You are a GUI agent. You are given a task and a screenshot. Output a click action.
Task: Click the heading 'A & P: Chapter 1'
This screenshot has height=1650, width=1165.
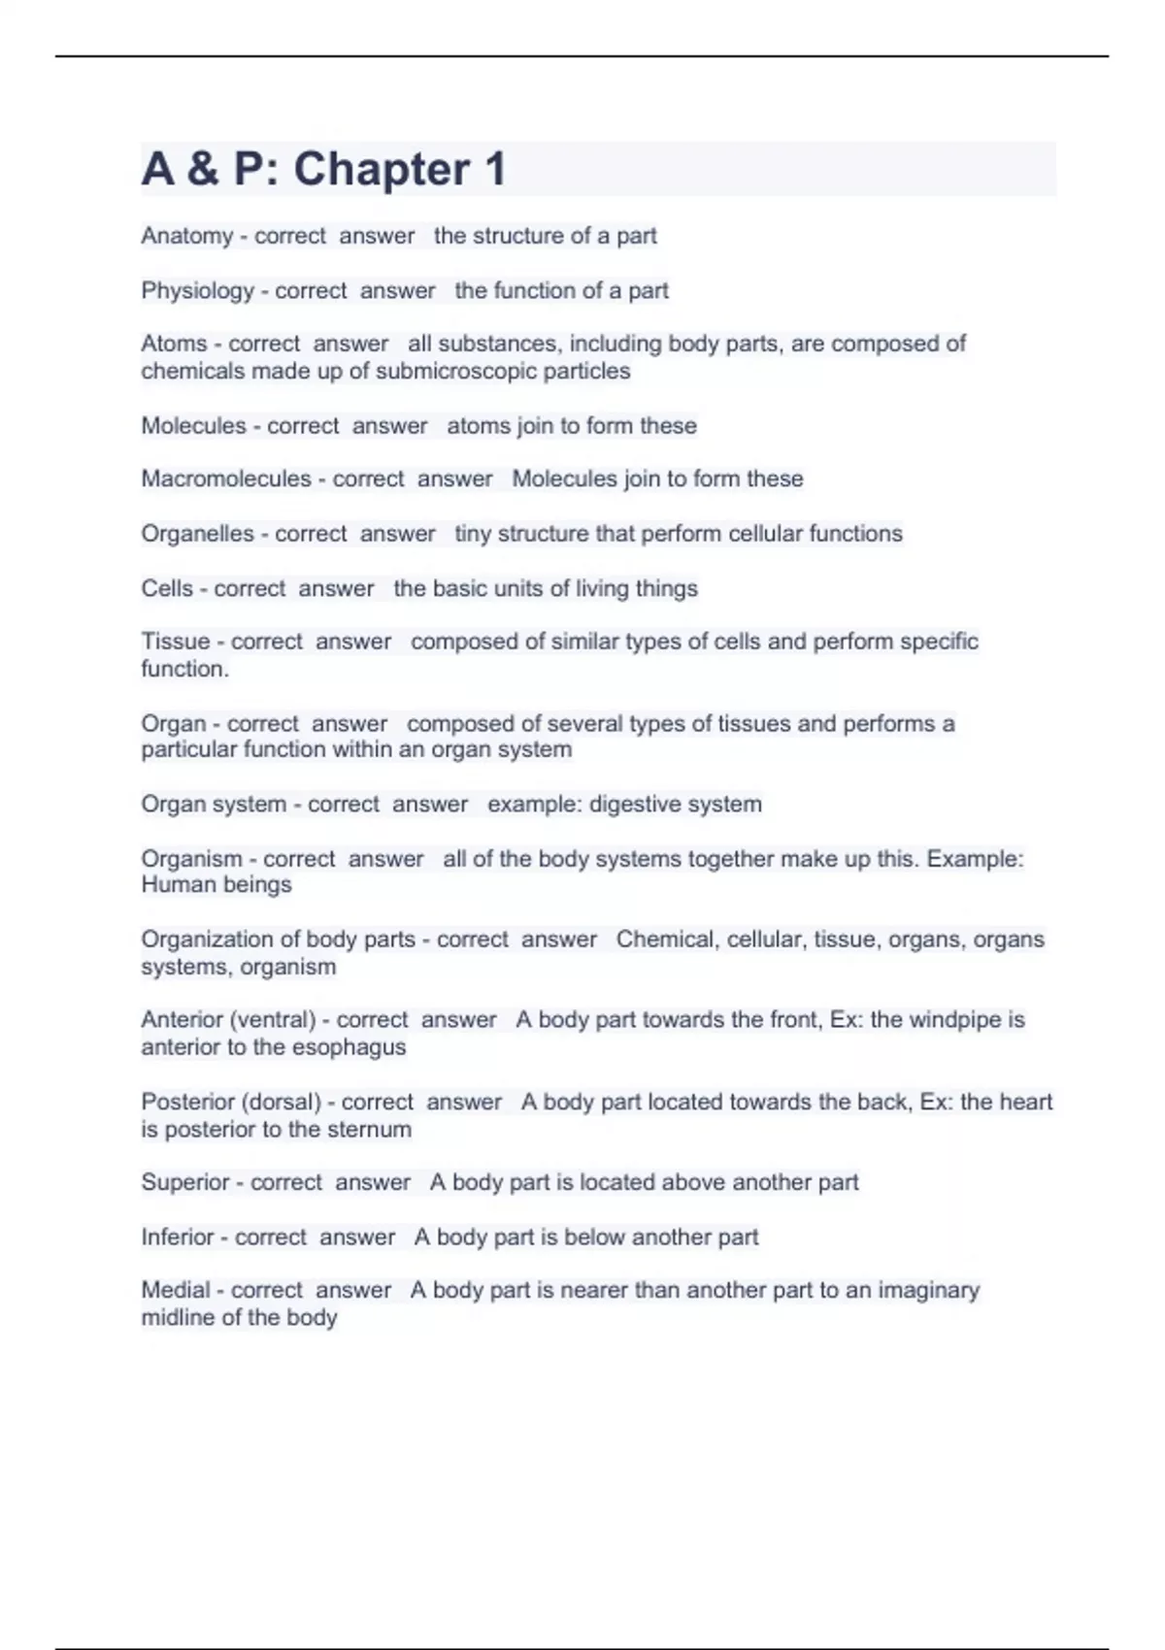(x=323, y=169)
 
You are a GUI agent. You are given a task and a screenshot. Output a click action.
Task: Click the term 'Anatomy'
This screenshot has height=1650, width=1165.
(x=186, y=236)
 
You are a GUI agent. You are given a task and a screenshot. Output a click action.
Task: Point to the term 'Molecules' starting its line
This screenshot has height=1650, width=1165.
(x=193, y=426)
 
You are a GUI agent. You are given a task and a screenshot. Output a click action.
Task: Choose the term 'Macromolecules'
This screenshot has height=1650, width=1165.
(x=226, y=478)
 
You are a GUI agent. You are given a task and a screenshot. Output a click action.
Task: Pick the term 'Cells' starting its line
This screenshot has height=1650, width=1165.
(x=167, y=588)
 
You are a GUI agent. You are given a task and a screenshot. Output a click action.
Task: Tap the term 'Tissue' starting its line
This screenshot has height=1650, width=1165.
(x=175, y=642)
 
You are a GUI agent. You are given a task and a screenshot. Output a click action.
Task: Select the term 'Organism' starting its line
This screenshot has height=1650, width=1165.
(x=191, y=859)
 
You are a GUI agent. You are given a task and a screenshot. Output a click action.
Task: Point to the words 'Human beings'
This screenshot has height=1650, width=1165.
(x=216, y=885)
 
